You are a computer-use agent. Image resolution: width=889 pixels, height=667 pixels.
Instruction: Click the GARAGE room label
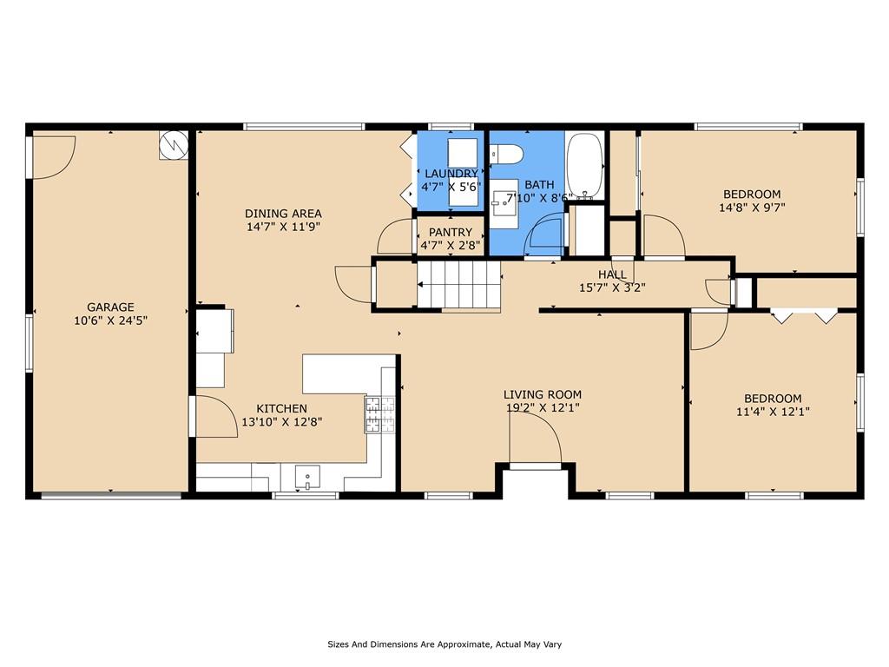[110, 307]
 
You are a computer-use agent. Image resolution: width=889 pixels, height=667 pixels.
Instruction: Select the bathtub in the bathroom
[585, 165]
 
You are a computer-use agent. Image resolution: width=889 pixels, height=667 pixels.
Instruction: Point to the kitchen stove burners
[379, 414]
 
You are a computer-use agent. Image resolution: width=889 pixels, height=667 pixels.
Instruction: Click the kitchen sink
[306, 478]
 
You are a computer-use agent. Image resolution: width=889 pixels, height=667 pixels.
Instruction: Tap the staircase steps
[458, 285]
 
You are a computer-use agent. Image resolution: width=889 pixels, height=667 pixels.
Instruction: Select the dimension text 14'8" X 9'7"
[752, 208]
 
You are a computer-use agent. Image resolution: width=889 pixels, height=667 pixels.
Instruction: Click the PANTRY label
[451, 232]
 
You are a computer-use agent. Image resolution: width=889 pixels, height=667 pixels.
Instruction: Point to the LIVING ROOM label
[543, 394]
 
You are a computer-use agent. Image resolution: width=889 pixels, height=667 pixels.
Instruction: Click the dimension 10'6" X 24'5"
[110, 320]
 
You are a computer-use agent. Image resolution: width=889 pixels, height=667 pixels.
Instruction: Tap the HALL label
[612, 274]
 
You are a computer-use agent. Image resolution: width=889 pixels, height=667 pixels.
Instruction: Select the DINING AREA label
[283, 214]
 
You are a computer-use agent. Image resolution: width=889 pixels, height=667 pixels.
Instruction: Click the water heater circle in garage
[174, 146]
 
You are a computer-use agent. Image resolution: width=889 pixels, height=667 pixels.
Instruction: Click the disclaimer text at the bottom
[444, 644]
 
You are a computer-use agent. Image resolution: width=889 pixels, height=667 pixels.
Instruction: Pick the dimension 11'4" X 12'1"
[773, 412]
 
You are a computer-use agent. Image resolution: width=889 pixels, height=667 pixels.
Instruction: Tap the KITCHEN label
[282, 408]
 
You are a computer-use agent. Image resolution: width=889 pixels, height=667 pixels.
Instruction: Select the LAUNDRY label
[451, 174]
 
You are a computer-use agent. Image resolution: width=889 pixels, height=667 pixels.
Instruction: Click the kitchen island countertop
[349, 373]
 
